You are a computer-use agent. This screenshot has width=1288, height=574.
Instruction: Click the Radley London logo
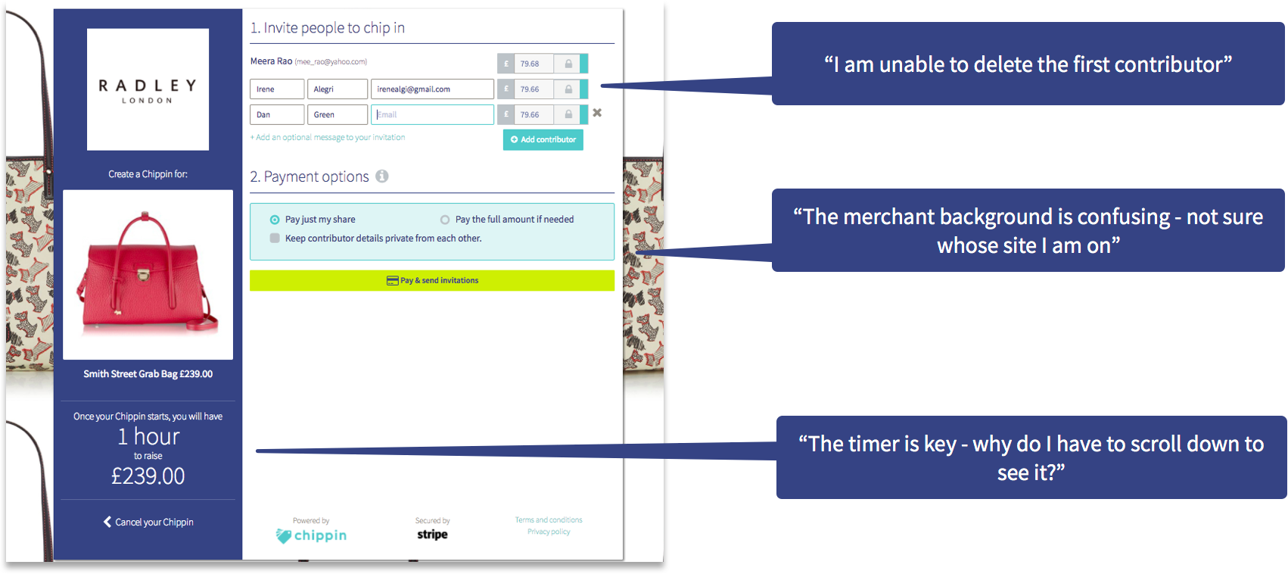(148, 89)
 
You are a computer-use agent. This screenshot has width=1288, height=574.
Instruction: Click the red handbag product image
(148, 274)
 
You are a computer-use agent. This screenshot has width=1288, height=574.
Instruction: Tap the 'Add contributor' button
(543, 139)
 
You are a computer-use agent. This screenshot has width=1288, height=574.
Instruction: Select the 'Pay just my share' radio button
(275, 220)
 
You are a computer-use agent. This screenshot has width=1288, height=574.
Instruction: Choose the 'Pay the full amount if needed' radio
(445, 220)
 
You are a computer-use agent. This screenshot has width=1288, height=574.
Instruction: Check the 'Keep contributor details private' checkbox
(275, 239)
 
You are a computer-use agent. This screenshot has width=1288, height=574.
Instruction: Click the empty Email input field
(432, 114)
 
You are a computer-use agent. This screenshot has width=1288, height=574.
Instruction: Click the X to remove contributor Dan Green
(597, 113)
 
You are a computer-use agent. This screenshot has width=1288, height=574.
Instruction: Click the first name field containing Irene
(277, 89)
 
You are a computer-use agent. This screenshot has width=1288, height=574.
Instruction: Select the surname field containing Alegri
(338, 89)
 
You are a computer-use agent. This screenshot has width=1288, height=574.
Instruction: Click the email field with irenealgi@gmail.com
(431, 89)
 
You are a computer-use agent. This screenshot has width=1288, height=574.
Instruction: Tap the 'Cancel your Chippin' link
(148, 522)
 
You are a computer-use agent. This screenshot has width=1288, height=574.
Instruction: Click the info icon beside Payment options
(382, 176)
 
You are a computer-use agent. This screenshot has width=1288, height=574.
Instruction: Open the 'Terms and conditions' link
(549, 519)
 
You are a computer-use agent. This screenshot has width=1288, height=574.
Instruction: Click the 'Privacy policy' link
(549, 532)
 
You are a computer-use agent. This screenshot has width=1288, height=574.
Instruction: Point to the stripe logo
(432, 534)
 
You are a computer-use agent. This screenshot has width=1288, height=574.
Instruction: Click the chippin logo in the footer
(311, 535)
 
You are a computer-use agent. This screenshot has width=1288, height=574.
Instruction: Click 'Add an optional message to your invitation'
(328, 138)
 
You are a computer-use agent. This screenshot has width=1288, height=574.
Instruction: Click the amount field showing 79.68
(534, 64)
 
